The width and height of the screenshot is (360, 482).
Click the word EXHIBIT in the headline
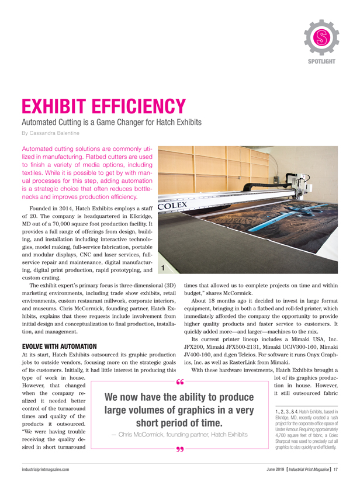click(67, 107)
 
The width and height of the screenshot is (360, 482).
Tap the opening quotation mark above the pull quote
click(179, 382)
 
